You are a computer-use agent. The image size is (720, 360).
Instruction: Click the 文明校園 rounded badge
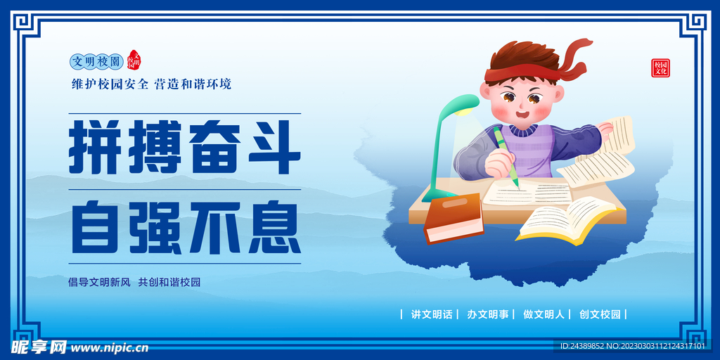click(97, 61)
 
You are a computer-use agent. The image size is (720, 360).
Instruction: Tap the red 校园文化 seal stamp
click(660, 67)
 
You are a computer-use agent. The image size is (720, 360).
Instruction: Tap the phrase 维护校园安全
click(110, 84)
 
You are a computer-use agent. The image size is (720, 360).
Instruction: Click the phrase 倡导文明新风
click(99, 282)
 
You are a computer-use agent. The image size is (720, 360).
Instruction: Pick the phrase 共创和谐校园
click(169, 282)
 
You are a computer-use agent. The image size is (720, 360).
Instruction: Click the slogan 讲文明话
click(432, 314)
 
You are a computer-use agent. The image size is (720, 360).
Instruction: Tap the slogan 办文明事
click(488, 314)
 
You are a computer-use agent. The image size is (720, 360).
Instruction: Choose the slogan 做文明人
click(544, 314)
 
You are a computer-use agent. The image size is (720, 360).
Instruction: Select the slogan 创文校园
click(600, 314)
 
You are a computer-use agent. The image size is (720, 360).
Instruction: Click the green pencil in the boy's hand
click(508, 157)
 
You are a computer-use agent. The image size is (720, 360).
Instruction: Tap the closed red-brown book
click(453, 217)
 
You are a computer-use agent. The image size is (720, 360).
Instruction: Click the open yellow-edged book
click(566, 219)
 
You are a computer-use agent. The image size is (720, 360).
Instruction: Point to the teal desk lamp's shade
click(460, 104)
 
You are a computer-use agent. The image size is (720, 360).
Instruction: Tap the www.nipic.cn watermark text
click(109, 347)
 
